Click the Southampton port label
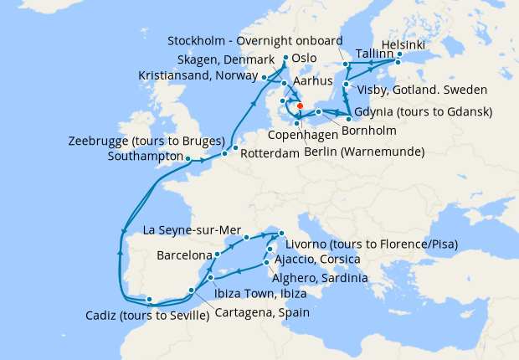coord(146,156)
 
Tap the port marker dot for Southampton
coord(188,158)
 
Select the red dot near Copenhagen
coord(300,106)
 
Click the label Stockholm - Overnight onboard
coord(254,41)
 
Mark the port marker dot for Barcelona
coord(217,253)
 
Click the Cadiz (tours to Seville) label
coord(147,316)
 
